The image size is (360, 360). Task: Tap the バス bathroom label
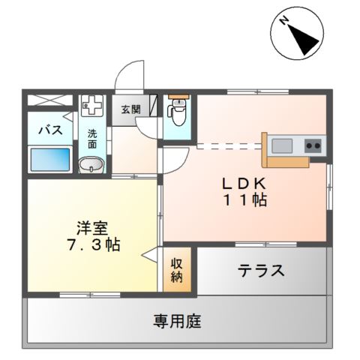pyautogui.click(x=50, y=129)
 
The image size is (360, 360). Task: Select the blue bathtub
pyautogui.click(x=50, y=159)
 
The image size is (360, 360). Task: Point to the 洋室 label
pyautogui.click(x=91, y=226)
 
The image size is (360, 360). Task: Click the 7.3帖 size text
pyautogui.click(x=91, y=244)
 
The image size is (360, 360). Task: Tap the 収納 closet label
pyautogui.click(x=177, y=270)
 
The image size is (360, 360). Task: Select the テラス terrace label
pyautogui.click(x=261, y=271)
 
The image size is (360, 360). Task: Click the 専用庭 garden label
pyautogui.click(x=178, y=322)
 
